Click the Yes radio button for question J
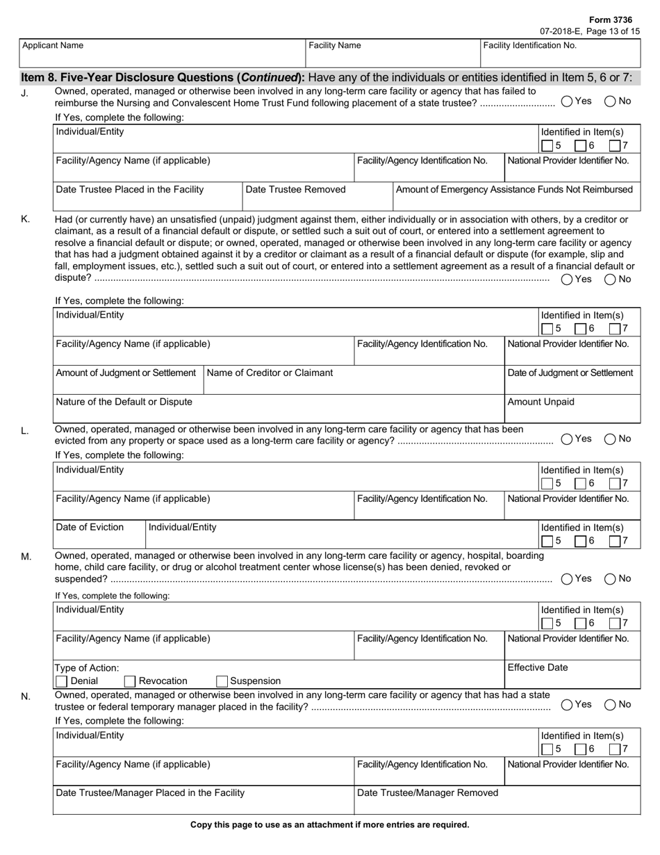[x=567, y=101]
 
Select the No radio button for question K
[x=610, y=279]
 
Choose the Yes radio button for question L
[x=567, y=439]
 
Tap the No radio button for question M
[x=610, y=579]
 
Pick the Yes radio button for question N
[x=567, y=705]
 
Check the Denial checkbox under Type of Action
[x=61, y=681]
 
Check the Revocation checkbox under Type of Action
[x=129, y=681]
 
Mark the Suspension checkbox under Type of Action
[x=222, y=681]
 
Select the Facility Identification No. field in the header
[x=560, y=54]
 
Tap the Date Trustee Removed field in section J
[x=317, y=197]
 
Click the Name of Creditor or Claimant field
[x=354, y=380]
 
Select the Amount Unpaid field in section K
[x=572, y=409]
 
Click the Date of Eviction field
[x=99, y=535]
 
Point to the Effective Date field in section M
[x=572, y=675]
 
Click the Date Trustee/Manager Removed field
[x=497, y=801]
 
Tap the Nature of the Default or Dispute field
[x=278, y=409]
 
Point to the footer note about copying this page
[x=330, y=825]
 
